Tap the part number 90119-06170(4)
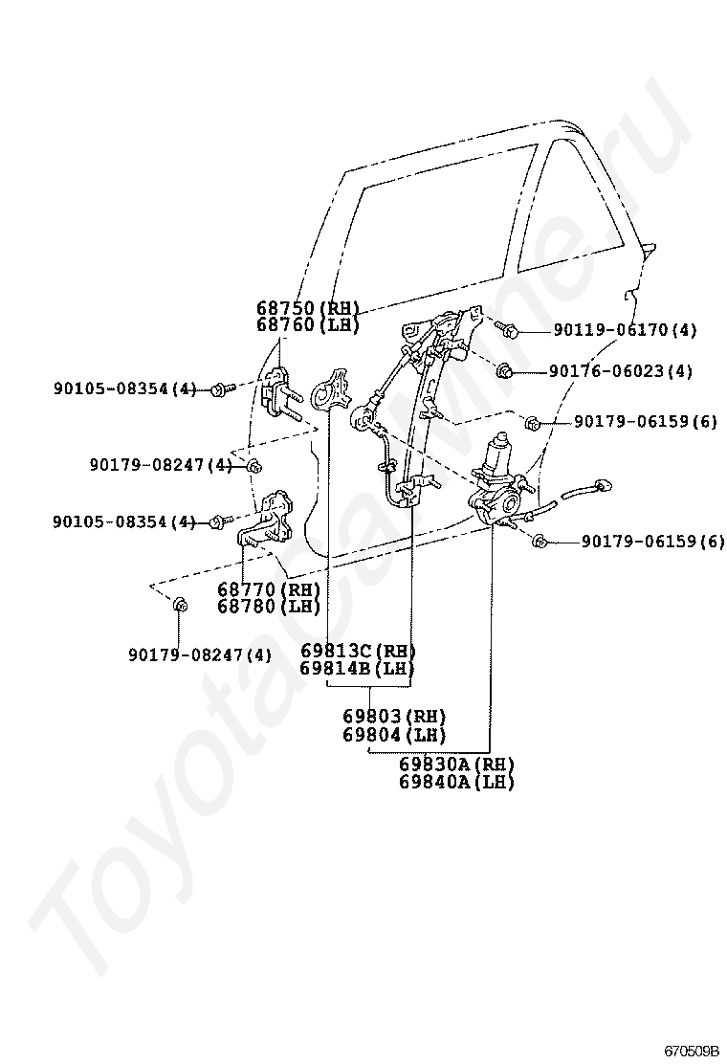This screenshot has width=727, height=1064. tap(625, 331)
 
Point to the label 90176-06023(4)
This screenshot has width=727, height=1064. tap(621, 371)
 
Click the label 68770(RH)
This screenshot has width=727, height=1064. tap(268, 589)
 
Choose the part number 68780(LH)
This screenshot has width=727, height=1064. tap(268, 607)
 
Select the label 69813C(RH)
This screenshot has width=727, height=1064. tap(358, 651)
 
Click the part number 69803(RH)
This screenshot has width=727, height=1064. tap(395, 717)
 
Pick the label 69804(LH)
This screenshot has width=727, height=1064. tap(395, 735)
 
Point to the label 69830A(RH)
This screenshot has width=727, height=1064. tap(456, 765)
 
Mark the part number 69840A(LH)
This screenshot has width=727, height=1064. tap(456, 782)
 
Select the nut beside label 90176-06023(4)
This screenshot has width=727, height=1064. tap(507, 370)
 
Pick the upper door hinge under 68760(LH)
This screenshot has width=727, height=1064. tap(278, 393)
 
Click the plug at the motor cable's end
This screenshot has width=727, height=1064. tap(602, 485)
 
